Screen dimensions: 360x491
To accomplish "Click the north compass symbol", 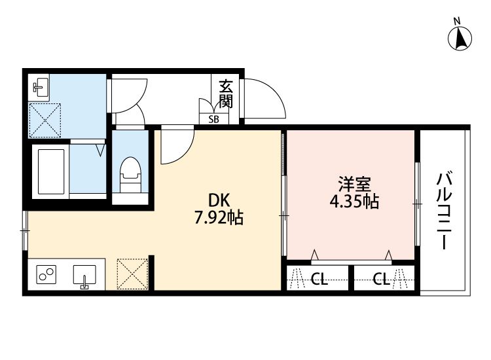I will tap(461, 38).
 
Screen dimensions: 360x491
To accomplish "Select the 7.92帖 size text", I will tap(219, 219).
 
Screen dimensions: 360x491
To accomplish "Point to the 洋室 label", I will tap(351, 183).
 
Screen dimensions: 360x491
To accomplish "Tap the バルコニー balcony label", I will tap(445, 210).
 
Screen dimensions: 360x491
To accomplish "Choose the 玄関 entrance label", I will tap(226, 94).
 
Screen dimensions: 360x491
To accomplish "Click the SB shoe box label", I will tap(214, 119).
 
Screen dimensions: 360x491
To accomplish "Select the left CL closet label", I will tap(319, 280).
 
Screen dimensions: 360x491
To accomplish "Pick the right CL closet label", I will tap(382, 280).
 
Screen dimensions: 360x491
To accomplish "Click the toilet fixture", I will tap(130, 173).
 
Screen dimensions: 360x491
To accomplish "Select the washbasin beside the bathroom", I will tap(41, 87).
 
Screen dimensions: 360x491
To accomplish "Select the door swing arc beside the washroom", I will tap(128, 98).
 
